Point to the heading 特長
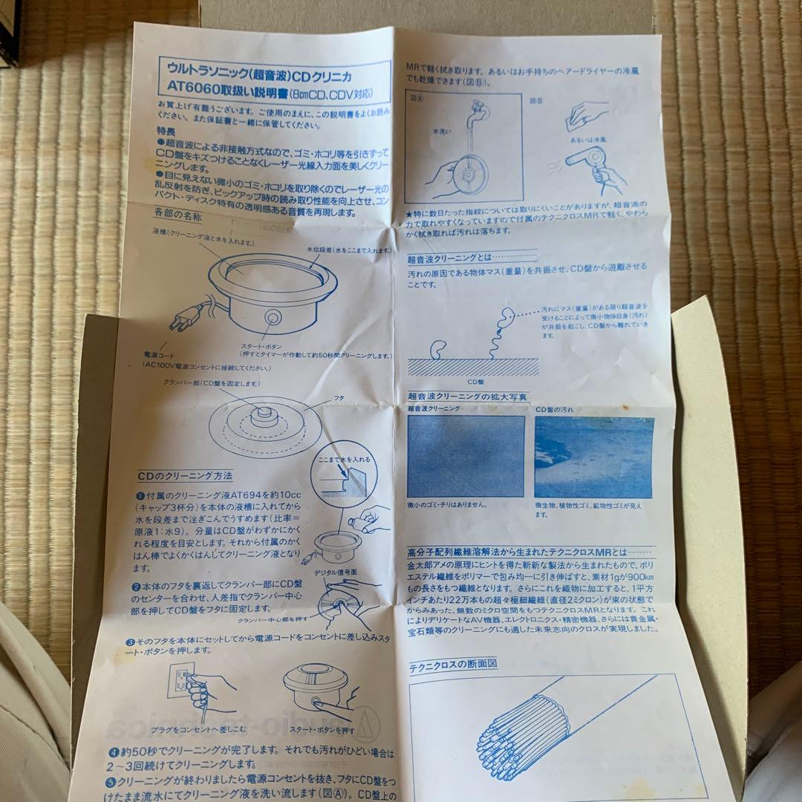pos(166,128)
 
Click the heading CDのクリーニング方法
pos(185,475)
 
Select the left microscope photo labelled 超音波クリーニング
pos(466,456)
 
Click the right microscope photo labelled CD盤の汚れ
pos(594,456)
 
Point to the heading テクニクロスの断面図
pos(453,665)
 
